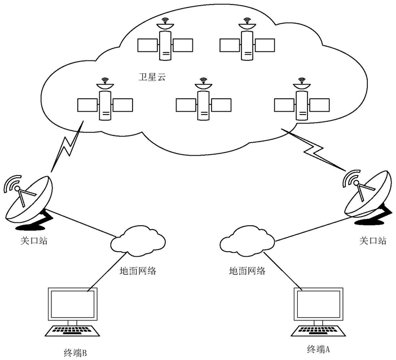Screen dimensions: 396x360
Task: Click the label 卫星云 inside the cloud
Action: pos(152,77)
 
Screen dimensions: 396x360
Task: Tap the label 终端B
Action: pos(75,353)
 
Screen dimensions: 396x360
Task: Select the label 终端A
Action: pos(319,349)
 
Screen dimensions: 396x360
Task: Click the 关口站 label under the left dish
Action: pos(34,240)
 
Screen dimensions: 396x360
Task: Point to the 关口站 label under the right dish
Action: pos(373,240)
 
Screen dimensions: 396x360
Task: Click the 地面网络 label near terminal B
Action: pos(138,271)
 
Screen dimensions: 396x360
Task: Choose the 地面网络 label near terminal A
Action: pos(247,271)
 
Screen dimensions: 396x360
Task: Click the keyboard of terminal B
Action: pos(72,331)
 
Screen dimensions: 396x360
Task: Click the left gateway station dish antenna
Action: pos(28,200)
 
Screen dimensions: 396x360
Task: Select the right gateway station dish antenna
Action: pos(368,197)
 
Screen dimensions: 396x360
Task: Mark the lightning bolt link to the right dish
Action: pos(314,149)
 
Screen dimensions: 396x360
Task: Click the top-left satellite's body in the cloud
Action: pos(165,46)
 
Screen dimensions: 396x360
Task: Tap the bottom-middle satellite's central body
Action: pos(203,105)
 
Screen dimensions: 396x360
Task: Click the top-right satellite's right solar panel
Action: pos(265,45)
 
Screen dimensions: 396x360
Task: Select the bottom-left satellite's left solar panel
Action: pos(87,105)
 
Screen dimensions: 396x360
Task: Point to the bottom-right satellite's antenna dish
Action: pos(302,86)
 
